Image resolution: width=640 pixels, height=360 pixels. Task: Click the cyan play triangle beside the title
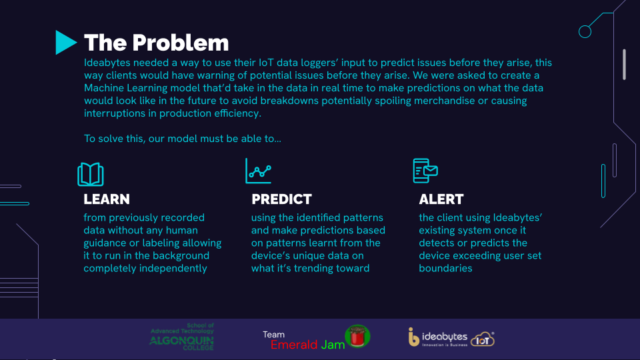tap(65, 43)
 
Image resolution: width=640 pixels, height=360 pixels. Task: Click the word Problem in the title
tap(181, 43)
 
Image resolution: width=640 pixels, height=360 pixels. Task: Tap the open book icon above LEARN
tap(91, 174)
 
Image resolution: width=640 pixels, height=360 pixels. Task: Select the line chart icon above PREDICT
tap(259, 171)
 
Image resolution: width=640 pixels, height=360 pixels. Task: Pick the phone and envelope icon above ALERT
tap(425, 171)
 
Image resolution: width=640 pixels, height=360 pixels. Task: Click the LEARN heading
tap(107, 199)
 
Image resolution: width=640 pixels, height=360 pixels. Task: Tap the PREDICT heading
tap(281, 199)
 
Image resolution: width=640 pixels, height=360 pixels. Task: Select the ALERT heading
tap(441, 199)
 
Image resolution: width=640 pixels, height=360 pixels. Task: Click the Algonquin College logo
tap(181, 337)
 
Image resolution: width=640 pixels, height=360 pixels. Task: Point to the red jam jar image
tap(357, 336)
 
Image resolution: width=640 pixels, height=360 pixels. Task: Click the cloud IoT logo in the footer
tap(483, 339)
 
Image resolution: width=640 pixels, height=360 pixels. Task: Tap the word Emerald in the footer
tap(294, 345)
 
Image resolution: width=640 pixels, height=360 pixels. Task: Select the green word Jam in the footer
tap(333, 345)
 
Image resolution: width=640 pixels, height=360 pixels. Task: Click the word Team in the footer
tap(273, 335)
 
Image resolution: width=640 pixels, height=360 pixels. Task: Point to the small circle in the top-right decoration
tap(585, 31)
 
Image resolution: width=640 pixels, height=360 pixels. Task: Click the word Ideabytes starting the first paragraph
tap(107, 63)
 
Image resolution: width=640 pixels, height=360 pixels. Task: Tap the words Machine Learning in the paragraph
tap(126, 88)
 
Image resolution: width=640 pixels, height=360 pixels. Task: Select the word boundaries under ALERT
tap(445, 268)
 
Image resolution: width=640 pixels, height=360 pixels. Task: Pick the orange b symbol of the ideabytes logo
tap(413, 337)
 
